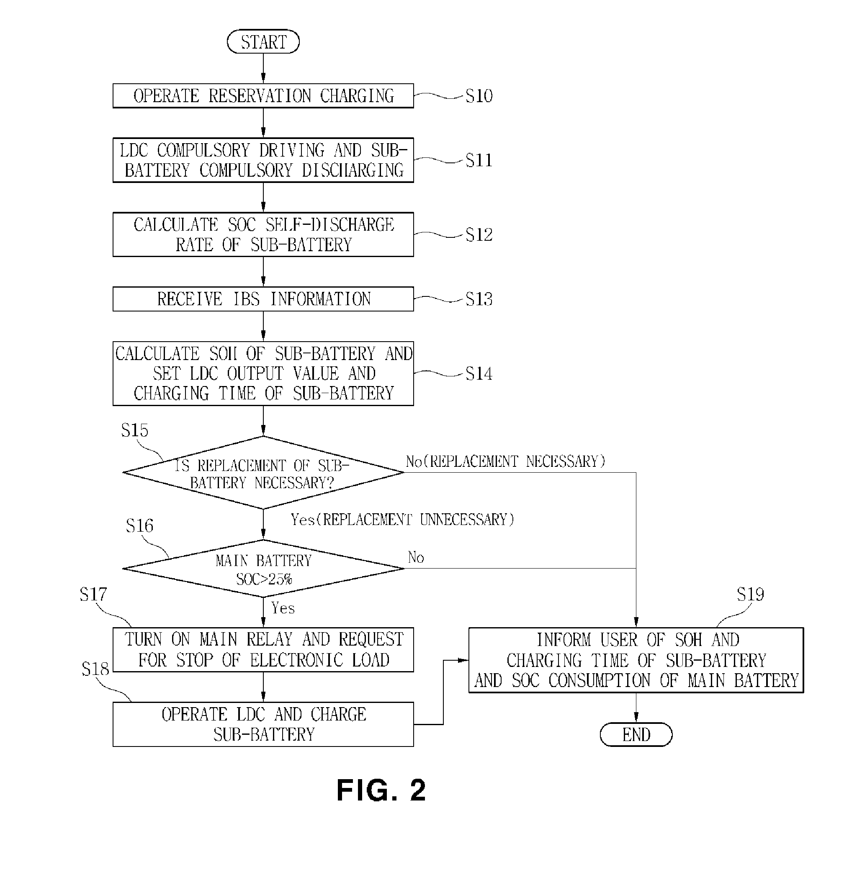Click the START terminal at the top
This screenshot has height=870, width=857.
coord(263,42)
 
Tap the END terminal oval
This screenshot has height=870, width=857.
coord(636,734)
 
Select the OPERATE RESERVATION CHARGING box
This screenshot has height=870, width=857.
coord(263,96)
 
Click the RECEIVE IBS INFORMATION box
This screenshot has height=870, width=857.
coord(263,299)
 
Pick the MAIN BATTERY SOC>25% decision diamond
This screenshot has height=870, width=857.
coord(263,569)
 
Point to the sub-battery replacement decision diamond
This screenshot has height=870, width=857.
coord(263,473)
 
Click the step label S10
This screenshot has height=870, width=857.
coord(479,96)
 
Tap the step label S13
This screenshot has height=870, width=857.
coord(479,299)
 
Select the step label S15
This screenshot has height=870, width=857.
coord(134,431)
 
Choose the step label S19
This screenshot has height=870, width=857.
coord(750,595)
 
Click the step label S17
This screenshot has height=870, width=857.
coord(93,595)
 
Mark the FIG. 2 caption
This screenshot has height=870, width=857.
coord(381,790)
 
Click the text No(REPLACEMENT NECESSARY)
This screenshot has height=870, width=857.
coord(505,461)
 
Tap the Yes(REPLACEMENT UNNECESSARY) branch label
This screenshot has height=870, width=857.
coord(402,520)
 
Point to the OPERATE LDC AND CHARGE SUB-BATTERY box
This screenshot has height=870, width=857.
coord(263,724)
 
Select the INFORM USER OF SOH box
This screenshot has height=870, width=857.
coord(636,660)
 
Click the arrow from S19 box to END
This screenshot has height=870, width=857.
coord(636,708)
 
